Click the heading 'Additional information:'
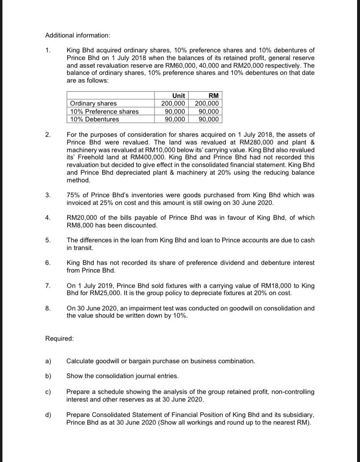[77, 36]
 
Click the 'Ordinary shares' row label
[93, 104]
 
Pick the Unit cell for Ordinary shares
[173, 104]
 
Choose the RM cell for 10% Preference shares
[208, 111]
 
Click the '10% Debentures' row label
[95, 119]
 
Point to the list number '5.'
[48, 240]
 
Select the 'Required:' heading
[60, 338]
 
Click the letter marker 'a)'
[48, 361]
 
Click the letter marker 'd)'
[48, 415]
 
